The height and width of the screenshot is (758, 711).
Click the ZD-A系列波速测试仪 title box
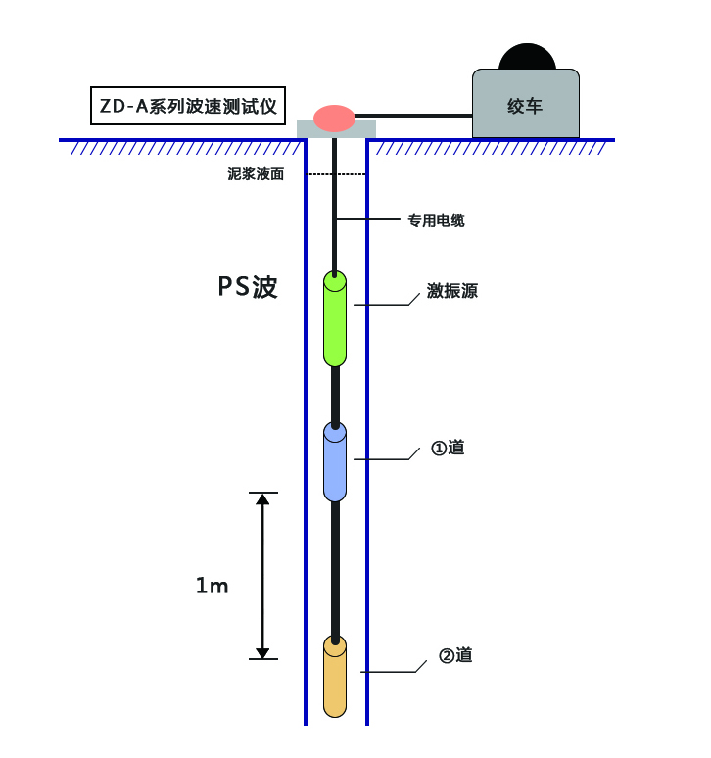(x=190, y=106)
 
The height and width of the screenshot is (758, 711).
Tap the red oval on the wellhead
(x=334, y=118)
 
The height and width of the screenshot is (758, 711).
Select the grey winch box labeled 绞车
(x=525, y=105)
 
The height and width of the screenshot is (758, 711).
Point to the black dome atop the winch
(x=527, y=57)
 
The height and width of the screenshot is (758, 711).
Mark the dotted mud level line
(x=337, y=174)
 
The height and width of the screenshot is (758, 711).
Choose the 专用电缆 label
(x=436, y=220)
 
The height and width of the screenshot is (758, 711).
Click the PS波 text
(x=248, y=287)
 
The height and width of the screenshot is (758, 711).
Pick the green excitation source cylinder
(x=335, y=319)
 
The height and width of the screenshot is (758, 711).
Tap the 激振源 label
(x=452, y=291)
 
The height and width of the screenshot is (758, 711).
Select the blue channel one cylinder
(x=335, y=462)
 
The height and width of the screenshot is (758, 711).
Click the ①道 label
(x=448, y=448)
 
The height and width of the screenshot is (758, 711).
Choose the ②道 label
(x=455, y=655)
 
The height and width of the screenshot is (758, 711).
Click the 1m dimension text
(x=212, y=586)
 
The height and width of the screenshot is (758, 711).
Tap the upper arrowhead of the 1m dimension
(x=262, y=499)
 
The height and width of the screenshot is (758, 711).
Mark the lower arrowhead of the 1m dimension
(x=262, y=651)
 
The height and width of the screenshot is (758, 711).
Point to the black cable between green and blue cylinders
(x=335, y=395)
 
